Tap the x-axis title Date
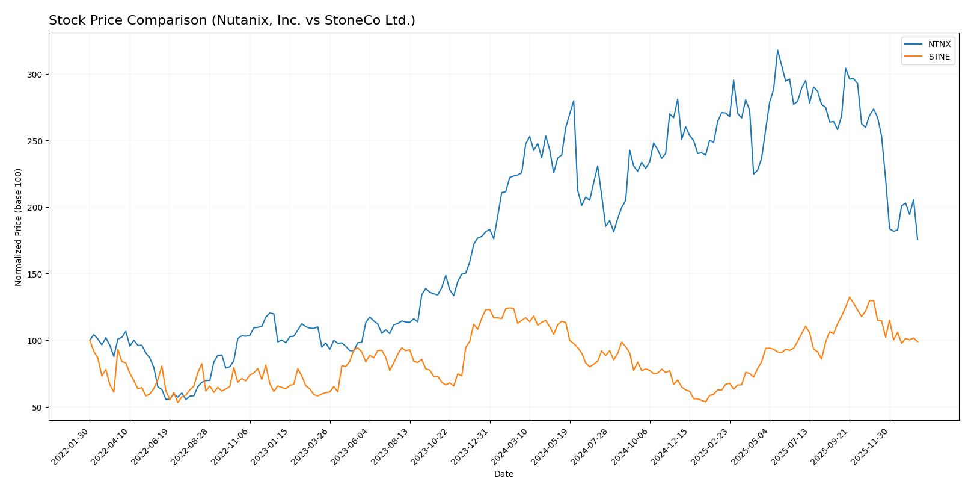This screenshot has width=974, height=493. (x=503, y=474)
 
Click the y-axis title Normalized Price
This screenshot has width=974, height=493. (x=19, y=227)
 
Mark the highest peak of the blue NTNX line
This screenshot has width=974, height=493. (x=777, y=50)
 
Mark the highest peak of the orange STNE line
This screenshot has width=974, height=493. (x=850, y=297)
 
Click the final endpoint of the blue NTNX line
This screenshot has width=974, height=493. (x=917, y=240)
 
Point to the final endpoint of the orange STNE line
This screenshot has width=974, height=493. (x=917, y=342)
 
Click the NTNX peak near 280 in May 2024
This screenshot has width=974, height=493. (x=574, y=101)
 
